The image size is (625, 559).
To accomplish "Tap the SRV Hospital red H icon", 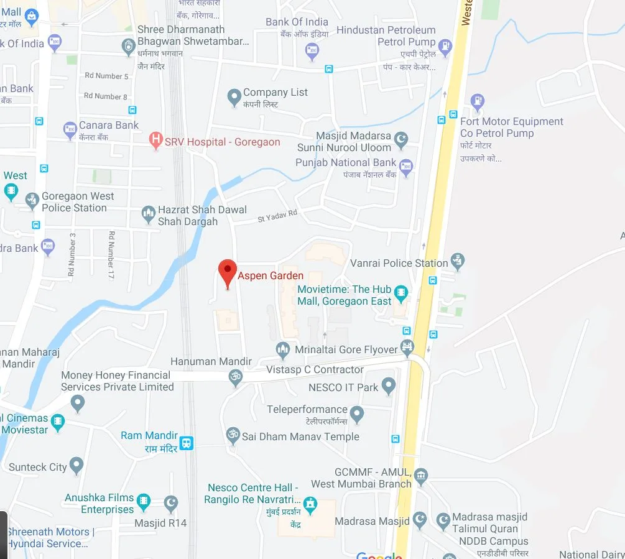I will point(156,141).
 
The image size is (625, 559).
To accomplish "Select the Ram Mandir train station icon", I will point(187,443).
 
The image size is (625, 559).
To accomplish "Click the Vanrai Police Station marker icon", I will point(458,262).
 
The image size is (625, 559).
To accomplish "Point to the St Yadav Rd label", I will point(278,216).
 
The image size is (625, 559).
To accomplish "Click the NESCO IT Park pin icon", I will point(389,386).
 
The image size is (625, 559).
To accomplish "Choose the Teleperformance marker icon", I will point(357,413).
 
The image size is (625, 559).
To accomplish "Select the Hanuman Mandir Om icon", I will point(236,377).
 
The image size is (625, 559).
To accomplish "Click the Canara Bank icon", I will point(70,130).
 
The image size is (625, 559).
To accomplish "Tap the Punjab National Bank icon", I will point(406,166).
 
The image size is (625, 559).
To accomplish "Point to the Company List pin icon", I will point(234,96).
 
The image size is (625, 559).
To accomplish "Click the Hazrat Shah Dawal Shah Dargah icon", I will point(148,215).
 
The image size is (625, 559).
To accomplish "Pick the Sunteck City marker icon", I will point(76,464).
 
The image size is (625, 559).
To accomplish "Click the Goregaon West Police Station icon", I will point(32,200).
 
